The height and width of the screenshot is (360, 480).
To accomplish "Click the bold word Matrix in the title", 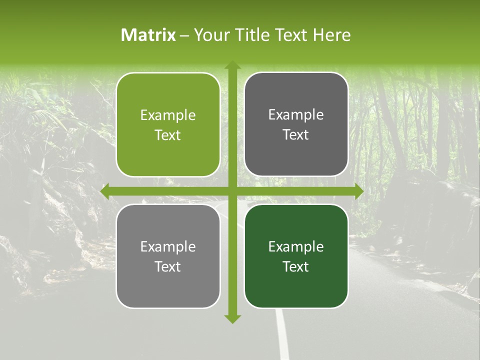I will tap(148, 35).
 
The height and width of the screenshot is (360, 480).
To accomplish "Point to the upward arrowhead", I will tap(232, 65).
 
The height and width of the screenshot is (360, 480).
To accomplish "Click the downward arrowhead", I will tap(232, 318).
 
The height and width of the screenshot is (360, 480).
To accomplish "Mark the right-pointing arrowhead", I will tap(358, 191).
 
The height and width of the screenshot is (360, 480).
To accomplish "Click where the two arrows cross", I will tap(232, 191).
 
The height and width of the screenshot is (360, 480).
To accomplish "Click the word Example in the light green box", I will tap(168, 115).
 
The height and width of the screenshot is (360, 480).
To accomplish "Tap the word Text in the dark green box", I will tap(296, 266).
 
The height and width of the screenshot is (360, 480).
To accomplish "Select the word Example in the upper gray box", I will tap(296, 115).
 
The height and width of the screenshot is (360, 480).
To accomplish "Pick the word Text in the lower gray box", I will tap(168, 266).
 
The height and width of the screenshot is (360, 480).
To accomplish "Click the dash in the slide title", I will tap(184, 35).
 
